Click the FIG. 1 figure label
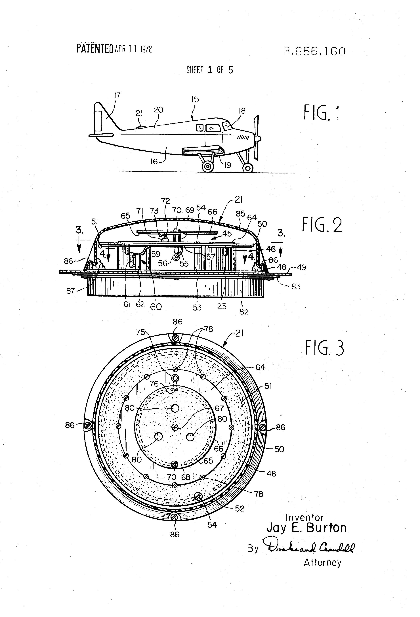tap(322, 113)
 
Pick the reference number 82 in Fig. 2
tap(244, 312)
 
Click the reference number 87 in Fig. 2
tap(70, 291)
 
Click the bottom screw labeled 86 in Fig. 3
tap(174, 517)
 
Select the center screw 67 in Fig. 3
tap(175, 427)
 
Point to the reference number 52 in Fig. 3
tap(240, 508)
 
